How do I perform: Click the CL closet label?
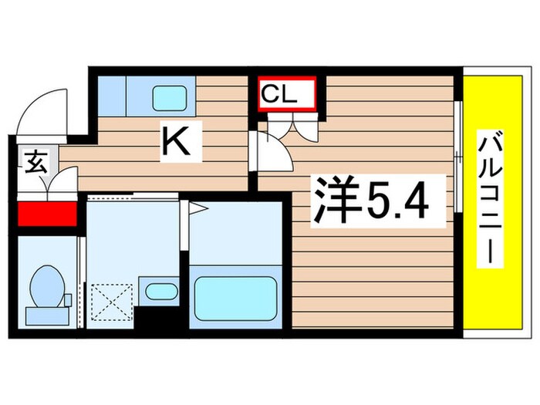285,94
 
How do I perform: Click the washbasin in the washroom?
160,292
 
